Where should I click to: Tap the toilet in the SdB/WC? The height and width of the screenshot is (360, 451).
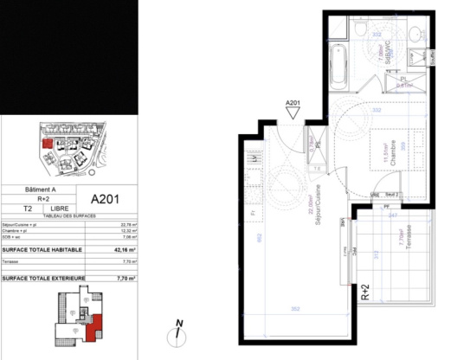(x=358, y=32)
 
